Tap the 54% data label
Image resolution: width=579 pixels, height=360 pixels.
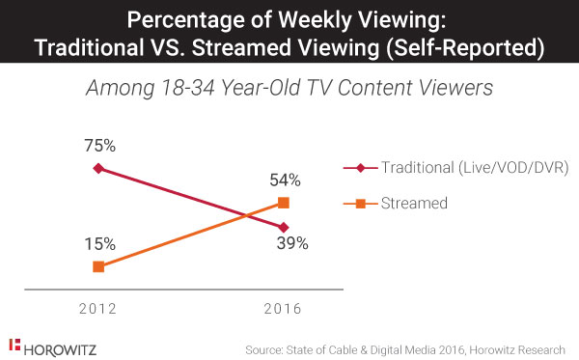(284, 180)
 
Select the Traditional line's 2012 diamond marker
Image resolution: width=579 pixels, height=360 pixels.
(97, 168)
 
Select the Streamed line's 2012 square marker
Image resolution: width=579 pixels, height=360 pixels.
(97, 266)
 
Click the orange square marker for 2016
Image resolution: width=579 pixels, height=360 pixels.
(284, 202)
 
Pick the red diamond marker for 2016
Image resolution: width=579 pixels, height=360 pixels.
(284, 227)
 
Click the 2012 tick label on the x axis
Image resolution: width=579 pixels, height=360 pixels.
(98, 309)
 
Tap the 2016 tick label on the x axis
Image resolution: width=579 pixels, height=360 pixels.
(284, 309)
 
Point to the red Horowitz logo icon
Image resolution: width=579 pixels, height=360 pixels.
(14, 344)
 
